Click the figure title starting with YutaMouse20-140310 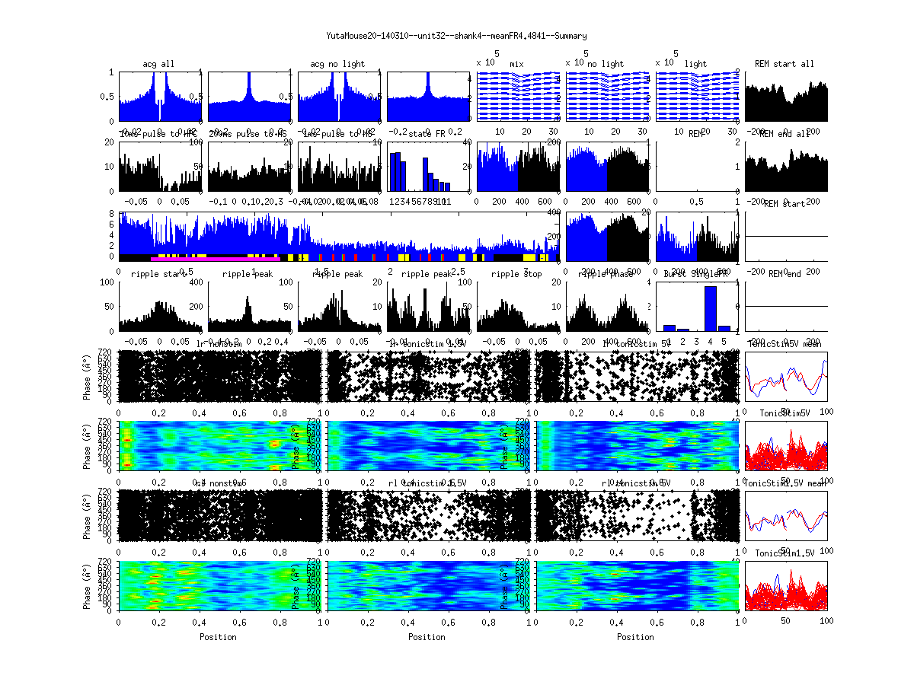pos(456,35)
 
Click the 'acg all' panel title pos(158,64)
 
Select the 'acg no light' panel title pos(337,64)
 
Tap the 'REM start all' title pos(785,64)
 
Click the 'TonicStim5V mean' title pos(785,344)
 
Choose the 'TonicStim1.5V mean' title pos(785,484)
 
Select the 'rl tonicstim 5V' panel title pos(636,484)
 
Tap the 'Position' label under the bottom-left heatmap pos(218,637)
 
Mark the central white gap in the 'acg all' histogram pos(159,111)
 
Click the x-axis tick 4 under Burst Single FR pos(710,342)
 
